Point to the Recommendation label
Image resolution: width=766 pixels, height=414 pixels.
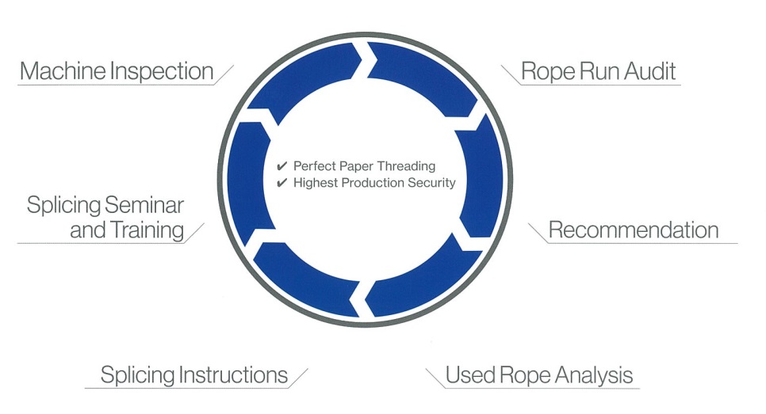tap(634, 230)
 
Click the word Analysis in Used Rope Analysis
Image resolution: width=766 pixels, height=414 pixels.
tap(594, 375)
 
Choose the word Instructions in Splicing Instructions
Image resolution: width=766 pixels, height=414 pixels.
tap(233, 375)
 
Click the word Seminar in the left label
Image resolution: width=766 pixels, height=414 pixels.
tap(145, 205)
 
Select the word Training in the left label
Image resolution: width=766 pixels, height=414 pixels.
tap(147, 230)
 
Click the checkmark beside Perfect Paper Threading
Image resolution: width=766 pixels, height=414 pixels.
tap(282, 166)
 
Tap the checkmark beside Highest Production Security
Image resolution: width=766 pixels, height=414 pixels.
tap(282, 183)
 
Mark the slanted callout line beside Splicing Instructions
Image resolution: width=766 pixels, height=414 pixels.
tap(298, 378)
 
